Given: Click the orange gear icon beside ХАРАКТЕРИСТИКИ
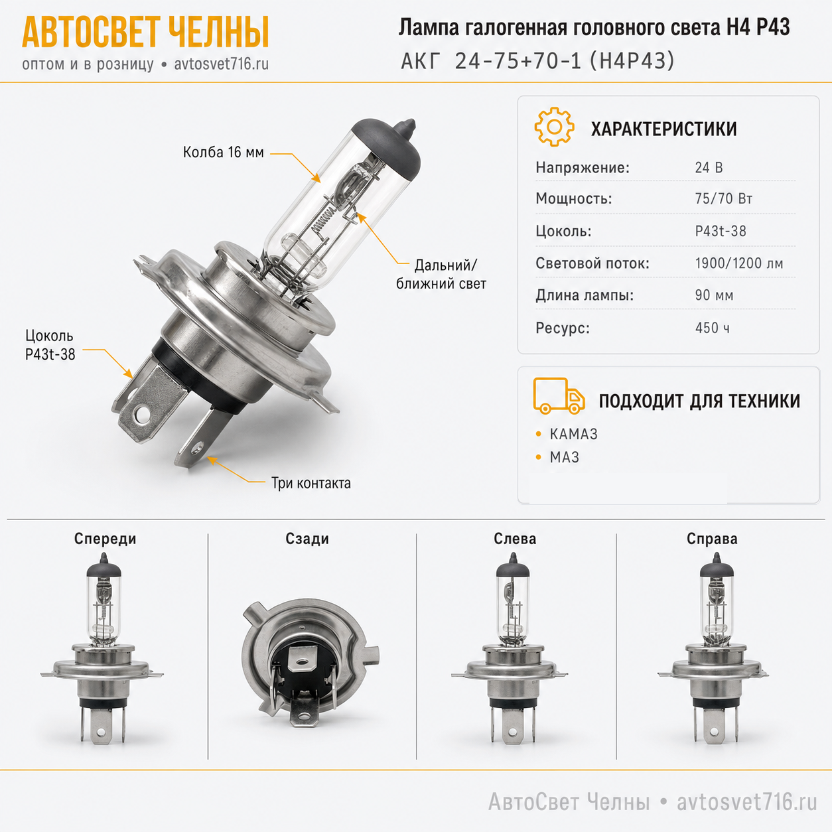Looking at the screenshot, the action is (x=554, y=127).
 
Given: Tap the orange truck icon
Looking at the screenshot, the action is (x=559, y=396).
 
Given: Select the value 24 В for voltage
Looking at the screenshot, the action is (x=709, y=167).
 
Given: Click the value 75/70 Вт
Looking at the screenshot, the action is (x=724, y=198).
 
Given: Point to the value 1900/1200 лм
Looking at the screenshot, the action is (x=738, y=263).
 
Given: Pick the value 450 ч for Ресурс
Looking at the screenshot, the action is (x=713, y=328).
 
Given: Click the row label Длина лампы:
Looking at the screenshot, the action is (x=585, y=296).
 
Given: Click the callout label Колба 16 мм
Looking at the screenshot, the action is (x=223, y=153).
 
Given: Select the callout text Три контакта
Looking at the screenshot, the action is (x=311, y=483).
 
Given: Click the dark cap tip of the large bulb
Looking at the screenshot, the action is (x=407, y=125).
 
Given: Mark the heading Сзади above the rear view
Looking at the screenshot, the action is (x=307, y=539).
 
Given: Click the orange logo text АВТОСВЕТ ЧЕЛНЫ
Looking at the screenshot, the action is (x=145, y=32).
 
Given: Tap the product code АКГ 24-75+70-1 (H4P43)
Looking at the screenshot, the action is (x=537, y=61).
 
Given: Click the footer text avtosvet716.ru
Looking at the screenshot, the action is (x=747, y=802).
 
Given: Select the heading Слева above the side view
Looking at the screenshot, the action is (x=515, y=539).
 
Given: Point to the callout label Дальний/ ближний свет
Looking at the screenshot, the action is (x=441, y=274).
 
